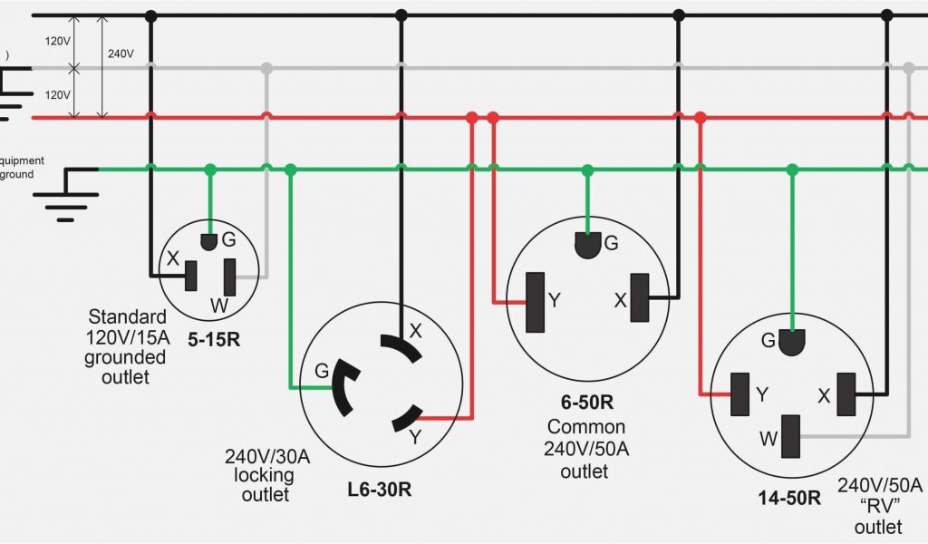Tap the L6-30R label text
(380, 490)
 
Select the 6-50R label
(586, 403)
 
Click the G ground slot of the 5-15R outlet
(209, 240)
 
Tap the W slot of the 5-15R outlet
(230, 277)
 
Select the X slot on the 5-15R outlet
(191, 276)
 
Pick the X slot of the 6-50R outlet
(641, 298)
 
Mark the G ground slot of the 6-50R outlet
(587, 246)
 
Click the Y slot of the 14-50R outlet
(740, 394)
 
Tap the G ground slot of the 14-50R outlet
(793, 343)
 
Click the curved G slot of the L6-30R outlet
(343, 386)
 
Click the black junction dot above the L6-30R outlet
(401, 15)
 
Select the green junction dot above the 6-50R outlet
(587, 170)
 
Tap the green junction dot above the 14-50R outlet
(793, 170)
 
